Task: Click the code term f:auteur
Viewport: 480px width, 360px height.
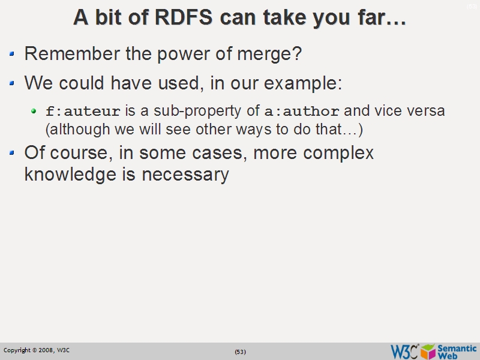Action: pyautogui.click(x=83, y=112)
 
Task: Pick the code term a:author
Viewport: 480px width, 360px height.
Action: pyautogui.click(x=302, y=112)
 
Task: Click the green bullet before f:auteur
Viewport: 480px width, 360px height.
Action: pyautogui.click(x=35, y=112)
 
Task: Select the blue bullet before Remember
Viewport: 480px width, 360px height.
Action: pyautogui.click(x=13, y=55)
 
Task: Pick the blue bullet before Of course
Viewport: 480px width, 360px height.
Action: pyautogui.click(x=13, y=154)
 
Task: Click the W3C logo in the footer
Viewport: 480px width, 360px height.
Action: pyautogui.click(x=404, y=351)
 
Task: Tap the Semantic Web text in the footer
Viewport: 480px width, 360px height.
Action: pyautogui.click(x=457, y=351)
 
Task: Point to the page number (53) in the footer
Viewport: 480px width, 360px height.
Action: pyautogui.click(x=240, y=352)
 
